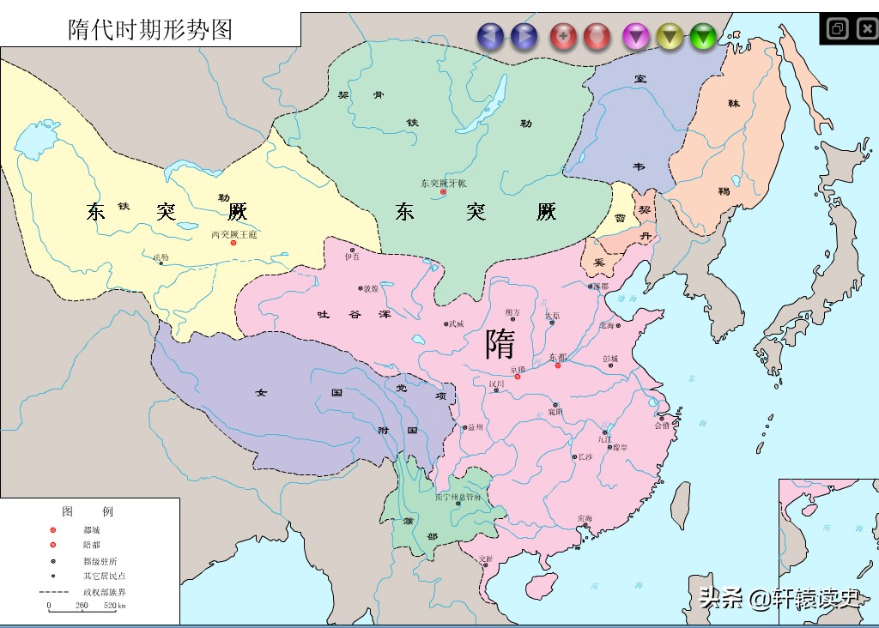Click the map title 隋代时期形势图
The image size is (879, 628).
point(150,30)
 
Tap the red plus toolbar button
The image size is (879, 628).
point(563,36)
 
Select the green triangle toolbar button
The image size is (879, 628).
point(702,36)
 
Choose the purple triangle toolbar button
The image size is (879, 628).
point(635,36)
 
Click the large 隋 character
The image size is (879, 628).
point(500,345)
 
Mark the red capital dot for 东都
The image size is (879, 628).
point(557,365)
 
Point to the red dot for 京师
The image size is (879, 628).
point(517,377)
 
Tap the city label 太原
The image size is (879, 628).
point(552,316)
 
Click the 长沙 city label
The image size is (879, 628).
point(585,457)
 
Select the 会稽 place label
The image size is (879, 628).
point(662,425)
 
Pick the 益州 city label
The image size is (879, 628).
point(476,427)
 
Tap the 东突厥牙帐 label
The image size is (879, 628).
point(443,183)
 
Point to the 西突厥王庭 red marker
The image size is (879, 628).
point(233,243)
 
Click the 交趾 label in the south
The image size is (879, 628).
point(487,559)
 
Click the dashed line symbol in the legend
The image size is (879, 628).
point(54,592)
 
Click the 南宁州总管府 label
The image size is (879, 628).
point(464,497)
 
